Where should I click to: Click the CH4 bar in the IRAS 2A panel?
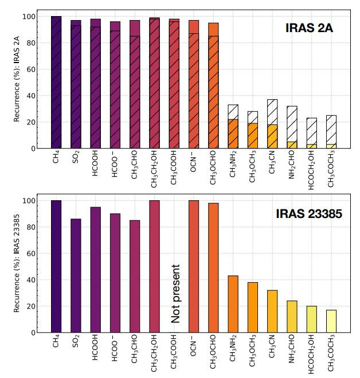tap(56, 82)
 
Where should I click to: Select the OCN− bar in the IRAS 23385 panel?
tap(194, 266)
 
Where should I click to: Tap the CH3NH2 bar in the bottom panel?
tap(233, 303)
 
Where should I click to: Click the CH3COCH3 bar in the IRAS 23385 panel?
tap(331, 321)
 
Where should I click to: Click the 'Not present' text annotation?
tap(176, 294)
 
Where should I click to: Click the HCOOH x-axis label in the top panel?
tap(95, 163)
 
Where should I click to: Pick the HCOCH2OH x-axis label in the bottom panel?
tap(311, 353)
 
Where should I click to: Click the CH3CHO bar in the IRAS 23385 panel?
tap(135, 276)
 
